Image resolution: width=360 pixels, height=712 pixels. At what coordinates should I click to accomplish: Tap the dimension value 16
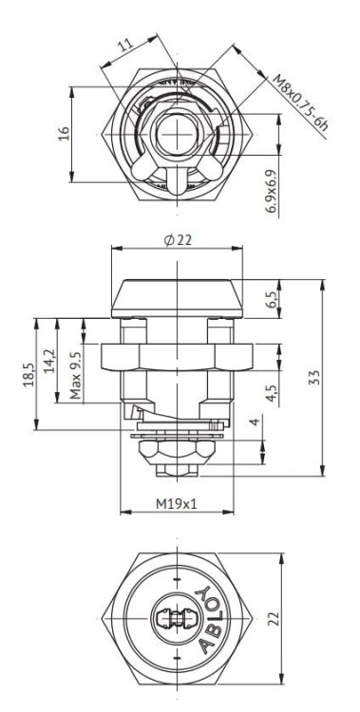pyautogui.click(x=65, y=133)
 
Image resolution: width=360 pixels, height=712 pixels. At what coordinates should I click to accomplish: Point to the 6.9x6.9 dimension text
pyautogui.click(x=272, y=191)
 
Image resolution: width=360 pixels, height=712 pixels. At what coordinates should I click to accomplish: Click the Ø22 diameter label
pyautogui.click(x=178, y=240)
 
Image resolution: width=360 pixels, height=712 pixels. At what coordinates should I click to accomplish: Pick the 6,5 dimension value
pyautogui.click(x=271, y=299)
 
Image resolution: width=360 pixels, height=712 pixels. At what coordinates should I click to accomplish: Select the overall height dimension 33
pyautogui.click(x=315, y=378)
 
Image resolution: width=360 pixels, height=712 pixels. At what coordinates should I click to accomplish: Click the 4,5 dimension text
pyautogui.click(x=272, y=394)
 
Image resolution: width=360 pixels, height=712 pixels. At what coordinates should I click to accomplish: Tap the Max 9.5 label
pyautogui.click(x=76, y=376)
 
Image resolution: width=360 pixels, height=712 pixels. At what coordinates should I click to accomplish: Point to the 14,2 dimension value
pyautogui.click(x=50, y=361)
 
